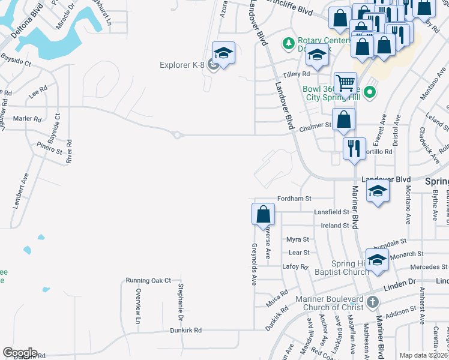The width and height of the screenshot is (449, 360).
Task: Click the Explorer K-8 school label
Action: coord(182,65)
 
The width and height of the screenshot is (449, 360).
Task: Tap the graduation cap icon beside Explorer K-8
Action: coord(223,54)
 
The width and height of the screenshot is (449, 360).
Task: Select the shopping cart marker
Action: coord(345,83)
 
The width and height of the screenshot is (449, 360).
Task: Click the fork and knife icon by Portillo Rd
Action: coord(354,148)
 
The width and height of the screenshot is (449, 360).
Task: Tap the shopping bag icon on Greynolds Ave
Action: coord(263,214)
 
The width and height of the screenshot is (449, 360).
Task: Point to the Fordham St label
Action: coord(294,199)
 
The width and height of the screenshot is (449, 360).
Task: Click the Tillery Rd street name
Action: coord(296,74)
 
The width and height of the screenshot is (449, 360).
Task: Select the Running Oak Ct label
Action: coord(148,280)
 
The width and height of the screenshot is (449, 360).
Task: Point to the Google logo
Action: coord(19,353)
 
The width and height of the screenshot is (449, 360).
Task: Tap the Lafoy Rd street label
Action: coord(295,266)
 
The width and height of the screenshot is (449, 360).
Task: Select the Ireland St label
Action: coord(335,226)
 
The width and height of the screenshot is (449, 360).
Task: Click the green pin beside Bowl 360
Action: coord(370,92)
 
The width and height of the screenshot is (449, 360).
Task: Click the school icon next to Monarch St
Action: coord(377,260)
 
